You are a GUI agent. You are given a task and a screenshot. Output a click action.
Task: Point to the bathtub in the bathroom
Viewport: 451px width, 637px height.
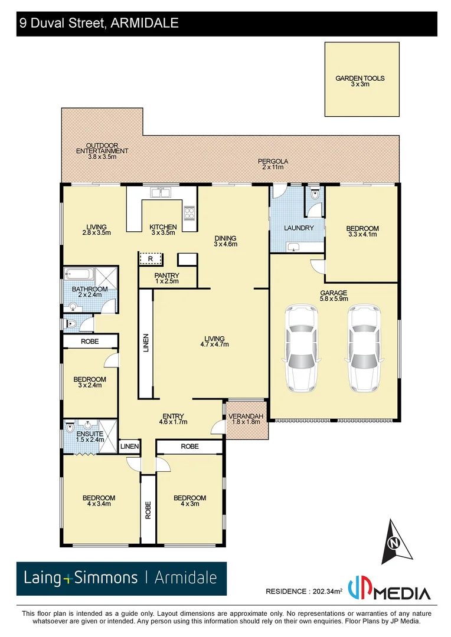[77, 274]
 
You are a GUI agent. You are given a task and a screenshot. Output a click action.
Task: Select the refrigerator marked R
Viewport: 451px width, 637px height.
[151, 258]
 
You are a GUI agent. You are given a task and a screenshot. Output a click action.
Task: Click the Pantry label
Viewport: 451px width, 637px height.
[166, 278]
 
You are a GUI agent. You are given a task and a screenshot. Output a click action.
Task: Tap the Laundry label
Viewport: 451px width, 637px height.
[298, 228]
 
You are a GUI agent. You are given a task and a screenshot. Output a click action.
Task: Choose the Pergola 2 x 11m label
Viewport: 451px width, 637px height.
[272, 164]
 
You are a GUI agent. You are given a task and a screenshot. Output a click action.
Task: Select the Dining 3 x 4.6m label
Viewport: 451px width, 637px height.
[225, 240]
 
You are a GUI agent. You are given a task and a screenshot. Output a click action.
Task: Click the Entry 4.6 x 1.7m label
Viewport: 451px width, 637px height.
[173, 418]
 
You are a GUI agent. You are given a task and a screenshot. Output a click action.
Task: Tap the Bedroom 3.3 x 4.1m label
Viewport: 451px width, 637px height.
[362, 231]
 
